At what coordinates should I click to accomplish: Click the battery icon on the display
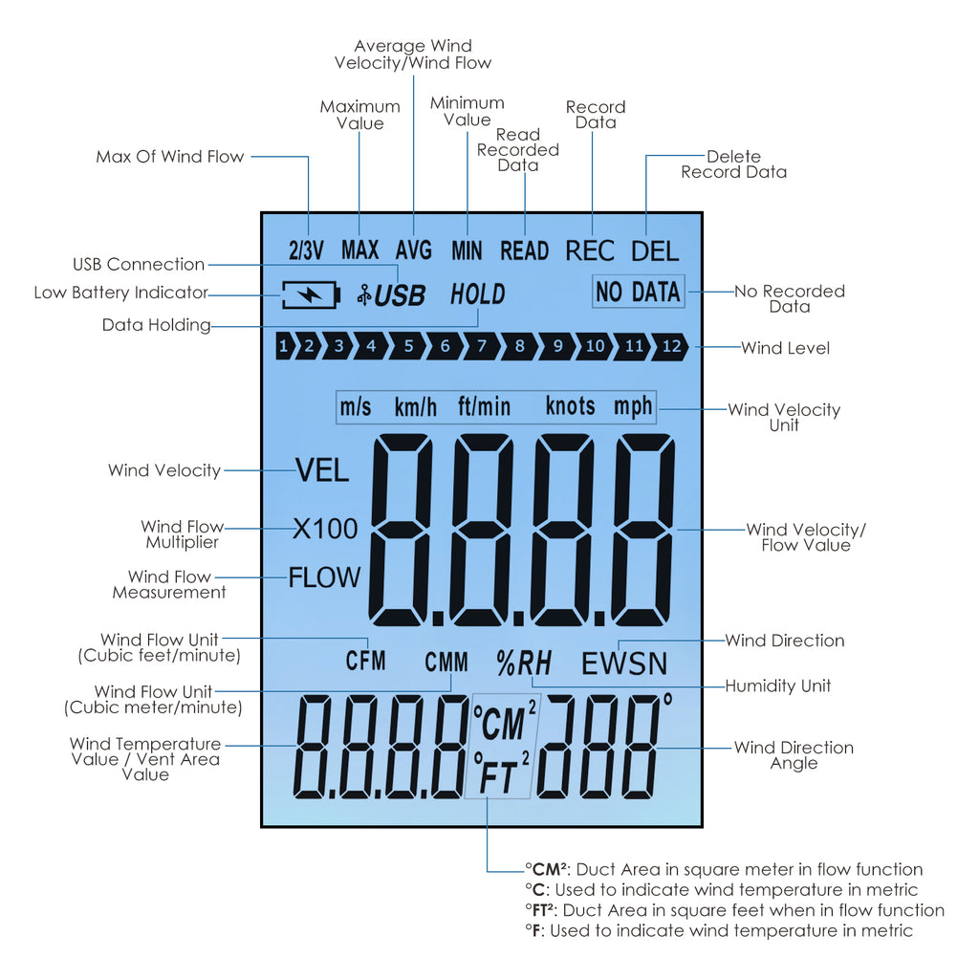(310, 294)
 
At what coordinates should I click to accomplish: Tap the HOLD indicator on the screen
(477, 294)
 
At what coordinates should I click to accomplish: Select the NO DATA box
(638, 293)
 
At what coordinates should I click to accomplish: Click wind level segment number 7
(482, 346)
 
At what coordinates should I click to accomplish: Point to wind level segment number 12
(671, 346)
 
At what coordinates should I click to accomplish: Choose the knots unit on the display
(570, 406)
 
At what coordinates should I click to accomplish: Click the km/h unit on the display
(416, 407)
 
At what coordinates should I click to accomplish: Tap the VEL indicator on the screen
(322, 470)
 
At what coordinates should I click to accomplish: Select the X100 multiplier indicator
(325, 529)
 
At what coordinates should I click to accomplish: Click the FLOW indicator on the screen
(325, 577)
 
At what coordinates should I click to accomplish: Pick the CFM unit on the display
(366, 660)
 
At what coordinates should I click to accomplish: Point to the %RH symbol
(524, 662)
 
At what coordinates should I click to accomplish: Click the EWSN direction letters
(624, 664)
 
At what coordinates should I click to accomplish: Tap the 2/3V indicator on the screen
(307, 251)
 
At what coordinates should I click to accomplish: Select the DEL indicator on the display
(655, 251)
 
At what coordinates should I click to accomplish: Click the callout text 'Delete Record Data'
(733, 164)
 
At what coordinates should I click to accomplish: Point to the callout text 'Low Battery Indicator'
(120, 293)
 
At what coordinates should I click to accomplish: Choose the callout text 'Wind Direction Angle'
(794, 755)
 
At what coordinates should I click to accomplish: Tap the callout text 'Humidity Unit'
(777, 685)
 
